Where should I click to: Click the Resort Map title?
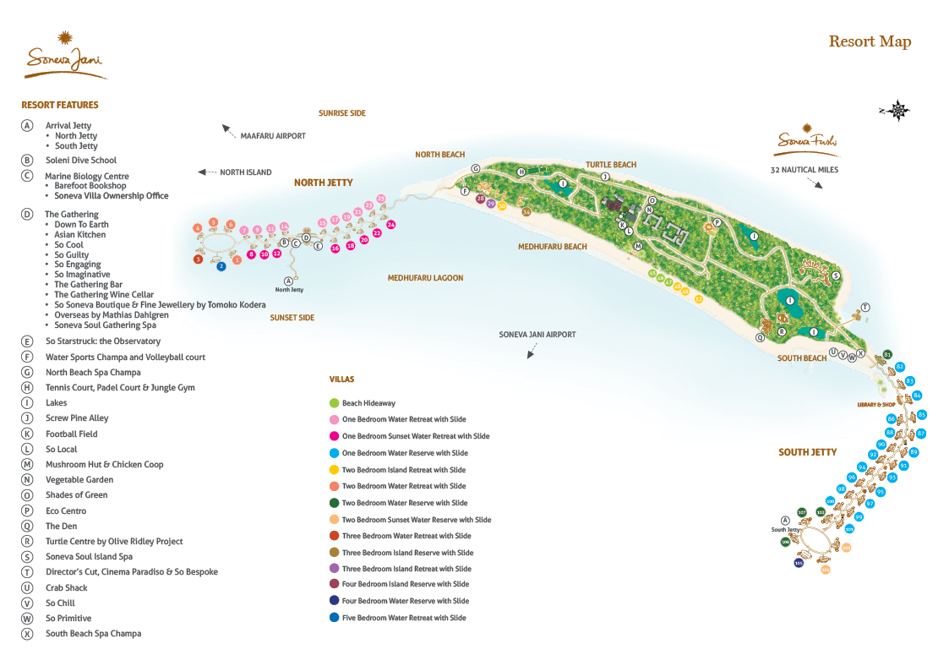click(x=870, y=41)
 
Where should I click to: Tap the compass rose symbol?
click(x=898, y=110)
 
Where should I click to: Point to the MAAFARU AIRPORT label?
click(x=273, y=135)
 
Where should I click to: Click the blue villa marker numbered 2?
click(x=221, y=266)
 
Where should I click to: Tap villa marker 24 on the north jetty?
click(x=390, y=225)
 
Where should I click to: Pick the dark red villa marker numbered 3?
click(x=198, y=259)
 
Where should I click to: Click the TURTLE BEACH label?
click(x=611, y=165)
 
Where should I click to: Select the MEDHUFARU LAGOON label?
click(x=425, y=278)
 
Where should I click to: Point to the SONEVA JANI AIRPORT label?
click(x=537, y=335)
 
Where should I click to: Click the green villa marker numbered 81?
click(x=887, y=354)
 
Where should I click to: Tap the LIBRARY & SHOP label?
click(x=875, y=405)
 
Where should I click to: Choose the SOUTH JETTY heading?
click(x=807, y=452)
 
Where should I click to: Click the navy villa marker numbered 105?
click(x=799, y=563)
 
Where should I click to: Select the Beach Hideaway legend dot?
click(x=335, y=403)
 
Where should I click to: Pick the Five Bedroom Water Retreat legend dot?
click(x=335, y=618)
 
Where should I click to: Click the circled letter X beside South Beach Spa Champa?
click(x=28, y=634)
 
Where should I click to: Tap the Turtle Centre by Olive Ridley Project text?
click(x=114, y=542)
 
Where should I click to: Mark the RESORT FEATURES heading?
click(x=60, y=105)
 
